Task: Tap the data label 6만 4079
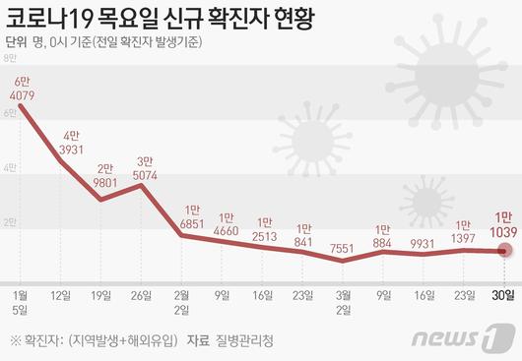coord(21,88)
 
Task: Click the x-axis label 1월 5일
coord(21,299)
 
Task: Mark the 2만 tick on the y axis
coord(11,222)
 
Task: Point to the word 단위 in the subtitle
coord(15,41)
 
